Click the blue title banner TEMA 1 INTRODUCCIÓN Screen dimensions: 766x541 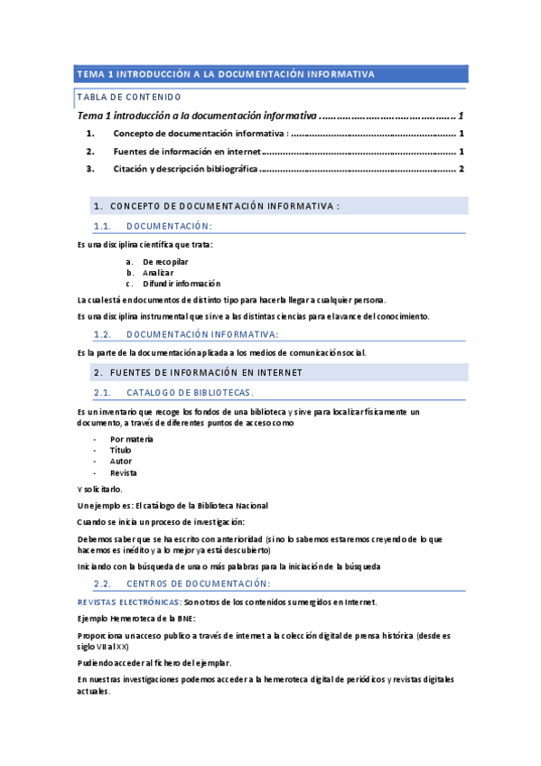(226, 74)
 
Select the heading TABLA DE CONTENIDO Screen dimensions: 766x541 (129, 97)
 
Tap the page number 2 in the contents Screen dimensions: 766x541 (461, 169)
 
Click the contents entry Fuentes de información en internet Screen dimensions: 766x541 (187, 151)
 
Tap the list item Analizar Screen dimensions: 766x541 (158, 272)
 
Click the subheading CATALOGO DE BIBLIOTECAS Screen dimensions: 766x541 (191, 392)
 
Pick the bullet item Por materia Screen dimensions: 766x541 (132, 439)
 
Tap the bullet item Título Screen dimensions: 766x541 (121, 450)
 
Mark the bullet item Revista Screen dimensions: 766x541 (124, 472)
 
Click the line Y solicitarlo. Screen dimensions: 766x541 (99, 490)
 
